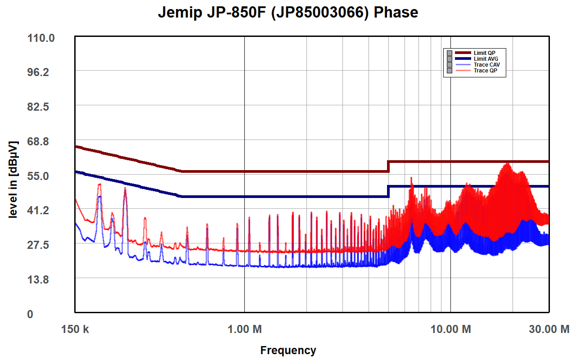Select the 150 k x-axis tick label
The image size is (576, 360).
75,329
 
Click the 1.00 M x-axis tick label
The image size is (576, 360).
244,329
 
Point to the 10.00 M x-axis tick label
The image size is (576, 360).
450,329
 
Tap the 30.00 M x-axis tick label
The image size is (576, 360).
549,329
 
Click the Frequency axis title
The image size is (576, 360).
288,350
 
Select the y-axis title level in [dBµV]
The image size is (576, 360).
13,180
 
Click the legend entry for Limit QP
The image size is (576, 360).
484,53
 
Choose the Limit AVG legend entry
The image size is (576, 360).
486,59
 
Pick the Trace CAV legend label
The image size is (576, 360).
486,65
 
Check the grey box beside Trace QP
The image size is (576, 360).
449,71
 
